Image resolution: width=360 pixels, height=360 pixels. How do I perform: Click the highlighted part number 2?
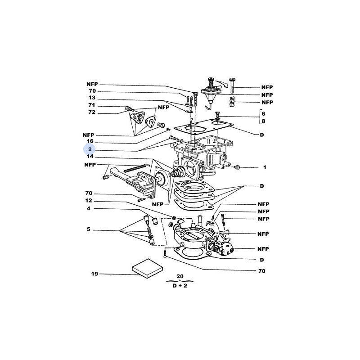(90, 149)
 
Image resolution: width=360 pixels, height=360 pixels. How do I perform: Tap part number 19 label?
(94, 274)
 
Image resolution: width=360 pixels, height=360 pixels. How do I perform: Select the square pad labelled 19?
(148, 268)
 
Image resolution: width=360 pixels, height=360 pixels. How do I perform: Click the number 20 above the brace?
(180, 276)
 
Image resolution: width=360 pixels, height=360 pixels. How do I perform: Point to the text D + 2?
(180, 286)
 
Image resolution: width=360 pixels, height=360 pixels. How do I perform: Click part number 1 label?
(265, 167)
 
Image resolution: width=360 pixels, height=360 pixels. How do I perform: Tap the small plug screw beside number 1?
(236, 167)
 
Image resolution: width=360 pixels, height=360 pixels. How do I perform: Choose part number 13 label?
(92, 98)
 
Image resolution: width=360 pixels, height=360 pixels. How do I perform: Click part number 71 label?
(92, 105)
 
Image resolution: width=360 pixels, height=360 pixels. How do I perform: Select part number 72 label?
(92, 112)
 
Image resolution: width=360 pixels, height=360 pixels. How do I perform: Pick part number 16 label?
(90, 141)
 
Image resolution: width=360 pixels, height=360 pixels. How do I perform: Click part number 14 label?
(90, 156)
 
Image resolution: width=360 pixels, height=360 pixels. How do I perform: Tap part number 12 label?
(89, 200)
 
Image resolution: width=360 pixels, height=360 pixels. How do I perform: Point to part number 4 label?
(89, 208)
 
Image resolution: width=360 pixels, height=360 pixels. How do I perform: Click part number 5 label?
(89, 229)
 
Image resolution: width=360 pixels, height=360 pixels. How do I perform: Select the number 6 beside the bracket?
(263, 114)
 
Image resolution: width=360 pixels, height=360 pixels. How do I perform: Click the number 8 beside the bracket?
(263, 121)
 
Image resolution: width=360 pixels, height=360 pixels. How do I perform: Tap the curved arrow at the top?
(222, 83)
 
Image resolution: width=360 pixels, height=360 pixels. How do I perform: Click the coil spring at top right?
(233, 102)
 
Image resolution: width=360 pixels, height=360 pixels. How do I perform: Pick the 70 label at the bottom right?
(262, 271)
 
